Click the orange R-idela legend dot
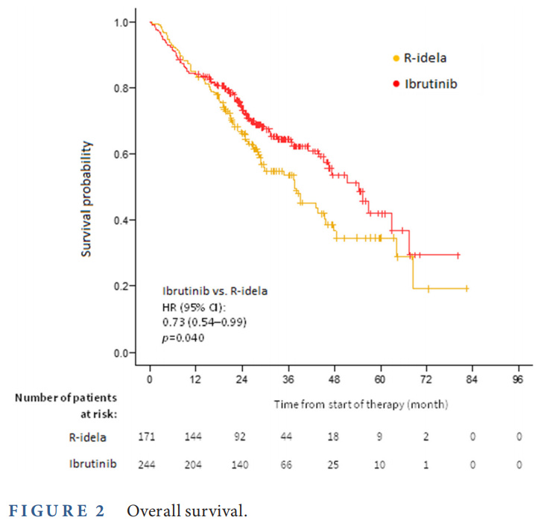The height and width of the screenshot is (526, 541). [396, 58]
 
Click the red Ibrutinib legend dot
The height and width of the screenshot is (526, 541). [396, 84]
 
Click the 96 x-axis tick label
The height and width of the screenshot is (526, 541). [519, 379]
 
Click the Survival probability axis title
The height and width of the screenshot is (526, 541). [87, 199]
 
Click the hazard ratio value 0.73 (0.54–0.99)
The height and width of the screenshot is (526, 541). [204, 322]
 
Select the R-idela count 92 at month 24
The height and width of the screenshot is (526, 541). [241, 436]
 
